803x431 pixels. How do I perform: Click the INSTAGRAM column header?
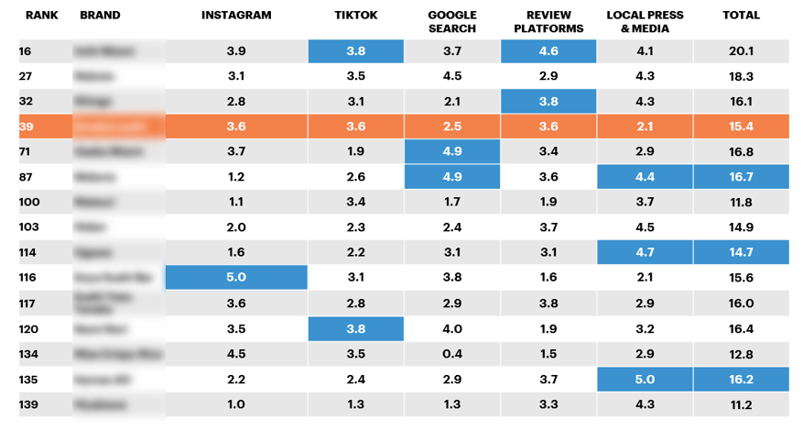pyautogui.click(x=235, y=16)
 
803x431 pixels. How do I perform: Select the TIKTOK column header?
pyautogui.click(x=355, y=16)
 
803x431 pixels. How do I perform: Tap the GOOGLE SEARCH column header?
pyautogui.click(x=452, y=22)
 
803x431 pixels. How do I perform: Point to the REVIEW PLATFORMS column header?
pyautogui.click(x=548, y=22)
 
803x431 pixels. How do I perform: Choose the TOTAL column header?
pyautogui.click(x=741, y=16)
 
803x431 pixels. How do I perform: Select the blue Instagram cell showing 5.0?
pyautogui.click(x=236, y=277)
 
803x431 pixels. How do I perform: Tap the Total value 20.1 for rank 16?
pyautogui.click(x=741, y=51)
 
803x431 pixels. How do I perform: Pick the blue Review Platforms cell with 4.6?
pyautogui.click(x=548, y=51)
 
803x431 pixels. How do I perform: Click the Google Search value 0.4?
pyautogui.click(x=452, y=353)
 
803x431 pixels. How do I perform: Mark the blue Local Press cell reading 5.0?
pyautogui.click(x=645, y=378)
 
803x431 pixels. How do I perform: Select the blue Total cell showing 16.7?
pyautogui.click(x=741, y=177)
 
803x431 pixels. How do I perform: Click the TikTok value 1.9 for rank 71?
pyautogui.click(x=355, y=151)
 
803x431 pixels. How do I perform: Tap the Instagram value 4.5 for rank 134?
pyautogui.click(x=236, y=353)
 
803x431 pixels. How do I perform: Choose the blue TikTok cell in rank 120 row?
pyautogui.click(x=355, y=327)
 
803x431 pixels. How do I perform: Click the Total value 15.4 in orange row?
pyautogui.click(x=741, y=127)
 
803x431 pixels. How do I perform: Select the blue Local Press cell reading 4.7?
pyautogui.click(x=645, y=252)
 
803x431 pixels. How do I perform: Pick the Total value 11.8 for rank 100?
pyautogui.click(x=741, y=202)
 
